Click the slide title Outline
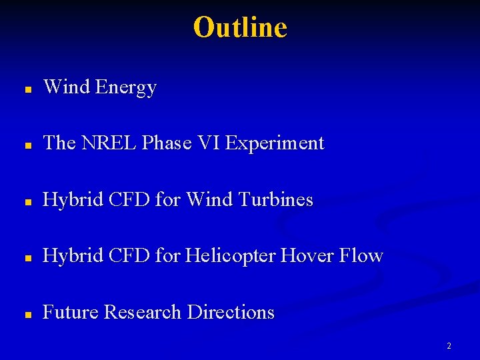(240, 27)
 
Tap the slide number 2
(449, 346)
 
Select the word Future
(71, 312)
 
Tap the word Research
(144, 312)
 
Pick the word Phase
(167, 143)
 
